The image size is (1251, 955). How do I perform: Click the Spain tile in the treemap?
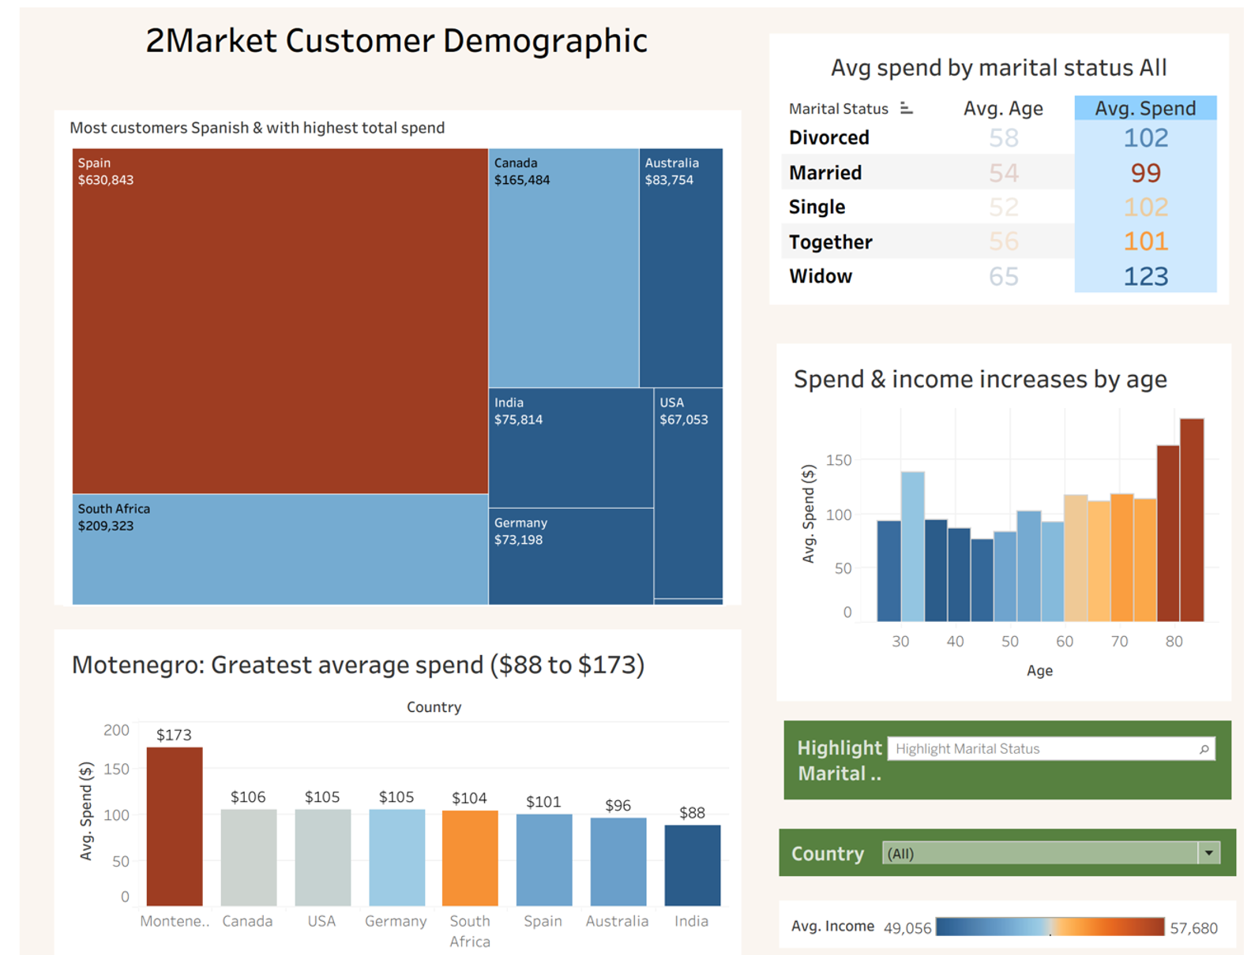point(280,320)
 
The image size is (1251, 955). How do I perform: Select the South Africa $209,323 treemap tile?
point(280,549)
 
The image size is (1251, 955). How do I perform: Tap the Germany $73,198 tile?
point(570,556)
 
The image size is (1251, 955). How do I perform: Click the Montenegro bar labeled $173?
point(175,826)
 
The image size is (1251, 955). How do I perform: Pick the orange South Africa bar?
point(470,857)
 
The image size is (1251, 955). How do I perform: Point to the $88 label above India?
point(692,813)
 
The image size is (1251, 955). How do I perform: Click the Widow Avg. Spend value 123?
point(1145,276)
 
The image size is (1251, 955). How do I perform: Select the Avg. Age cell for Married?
point(1003,173)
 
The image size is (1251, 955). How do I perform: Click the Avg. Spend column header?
point(1144,108)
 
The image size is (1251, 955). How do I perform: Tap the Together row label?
point(830,242)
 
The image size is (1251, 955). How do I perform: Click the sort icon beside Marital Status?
point(907,108)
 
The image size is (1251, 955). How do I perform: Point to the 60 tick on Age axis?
point(1064,641)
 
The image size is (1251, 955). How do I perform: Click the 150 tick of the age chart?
point(838,460)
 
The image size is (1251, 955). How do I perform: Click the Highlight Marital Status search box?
point(1042,748)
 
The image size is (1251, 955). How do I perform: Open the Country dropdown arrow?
point(1208,852)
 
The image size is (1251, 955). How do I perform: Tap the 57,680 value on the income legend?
point(1193,928)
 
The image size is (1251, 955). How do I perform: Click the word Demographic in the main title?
point(545,41)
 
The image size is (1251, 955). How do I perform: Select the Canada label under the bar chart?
point(247,921)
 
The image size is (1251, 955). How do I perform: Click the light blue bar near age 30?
point(912,546)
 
